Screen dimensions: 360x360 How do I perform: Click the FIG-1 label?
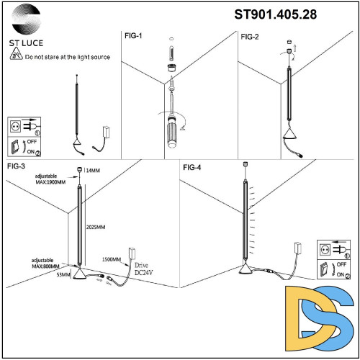point(132,36)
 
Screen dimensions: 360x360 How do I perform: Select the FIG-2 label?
point(250,36)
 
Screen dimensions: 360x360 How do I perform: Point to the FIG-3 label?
point(16,167)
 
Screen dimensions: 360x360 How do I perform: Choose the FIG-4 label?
point(192,168)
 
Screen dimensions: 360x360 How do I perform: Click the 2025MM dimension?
point(96,228)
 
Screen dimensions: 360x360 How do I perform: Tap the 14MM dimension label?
point(93,171)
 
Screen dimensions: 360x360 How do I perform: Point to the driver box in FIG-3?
point(132,253)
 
